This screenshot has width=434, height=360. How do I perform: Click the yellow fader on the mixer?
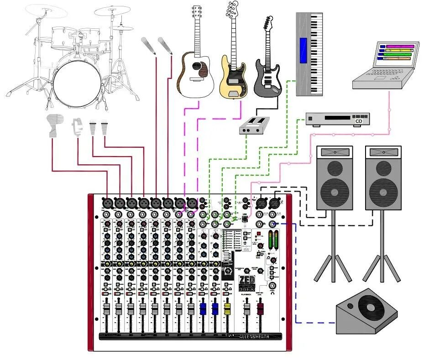pos(227,309)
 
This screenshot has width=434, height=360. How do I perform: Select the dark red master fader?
pos(260,309)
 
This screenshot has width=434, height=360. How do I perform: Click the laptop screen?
pos(397,53)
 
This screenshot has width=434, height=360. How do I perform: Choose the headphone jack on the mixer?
pos(273,287)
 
